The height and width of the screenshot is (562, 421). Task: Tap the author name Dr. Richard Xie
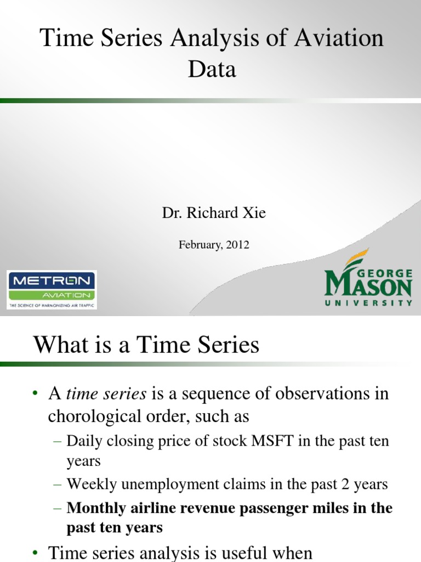click(x=214, y=213)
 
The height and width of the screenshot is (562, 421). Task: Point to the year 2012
click(x=237, y=245)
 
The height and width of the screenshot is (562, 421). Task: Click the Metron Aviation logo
click(x=52, y=289)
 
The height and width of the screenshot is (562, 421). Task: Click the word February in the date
click(x=198, y=245)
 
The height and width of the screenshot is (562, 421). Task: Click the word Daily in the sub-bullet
click(x=82, y=441)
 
